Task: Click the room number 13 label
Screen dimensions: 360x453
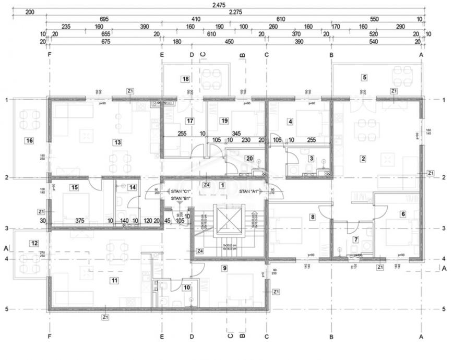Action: pyautogui.click(x=117, y=142)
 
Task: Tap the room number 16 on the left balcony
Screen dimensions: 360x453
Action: pyautogui.click(x=29, y=140)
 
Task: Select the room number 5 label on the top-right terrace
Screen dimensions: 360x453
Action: pyautogui.click(x=364, y=77)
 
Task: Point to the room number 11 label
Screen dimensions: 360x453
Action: pyautogui.click(x=114, y=280)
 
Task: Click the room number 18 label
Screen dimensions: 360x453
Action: pyautogui.click(x=185, y=79)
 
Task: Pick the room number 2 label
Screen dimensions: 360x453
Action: pyautogui.click(x=363, y=158)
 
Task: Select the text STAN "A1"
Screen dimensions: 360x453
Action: pyautogui.click(x=249, y=191)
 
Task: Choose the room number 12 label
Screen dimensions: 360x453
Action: pyautogui.click(x=34, y=243)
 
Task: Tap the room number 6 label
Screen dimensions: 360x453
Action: pyautogui.click(x=402, y=213)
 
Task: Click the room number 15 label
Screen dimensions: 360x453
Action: pyautogui.click(x=75, y=187)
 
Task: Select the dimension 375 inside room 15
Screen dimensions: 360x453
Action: pyautogui.click(x=80, y=220)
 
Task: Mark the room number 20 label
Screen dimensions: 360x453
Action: pyautogui.click(x=249, y=159)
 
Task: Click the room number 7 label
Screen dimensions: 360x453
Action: pyautogui.click(x=356, y=239)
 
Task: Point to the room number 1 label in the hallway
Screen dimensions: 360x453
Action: pyautogui.click(x=222, y=185)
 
